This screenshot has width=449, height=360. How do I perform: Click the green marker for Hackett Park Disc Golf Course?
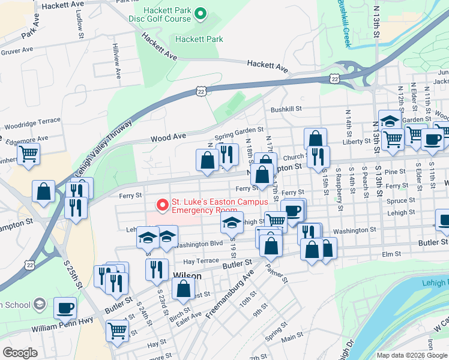pyautogui.click(x=202, y=13)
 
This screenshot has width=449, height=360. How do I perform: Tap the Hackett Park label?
pyautogui.click(x=199, y=40)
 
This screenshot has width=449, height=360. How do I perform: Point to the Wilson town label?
pyautogui.click(x=186, y=276)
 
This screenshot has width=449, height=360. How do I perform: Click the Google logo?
pyautogui.click(x=20, y=352)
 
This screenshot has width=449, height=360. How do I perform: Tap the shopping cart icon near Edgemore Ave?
pyautogui.click(x=28, y=154)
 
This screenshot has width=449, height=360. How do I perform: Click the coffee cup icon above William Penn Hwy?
pyautogui.click(x=65, y=308)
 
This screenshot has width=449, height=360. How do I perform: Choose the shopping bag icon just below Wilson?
pyautogui.click(x=183, y=289)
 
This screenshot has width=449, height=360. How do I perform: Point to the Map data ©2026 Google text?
pyautogui.click(x=412, y=355)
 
